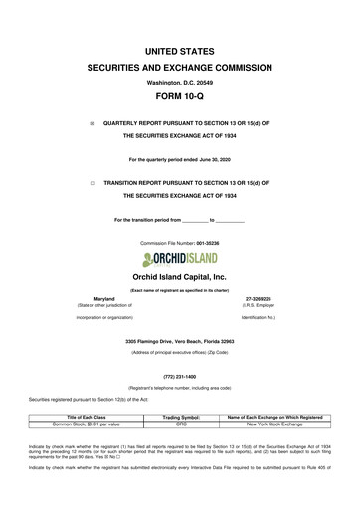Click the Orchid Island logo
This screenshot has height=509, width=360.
(x=179, y=231)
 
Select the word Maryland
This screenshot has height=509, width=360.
(x=104, y=269)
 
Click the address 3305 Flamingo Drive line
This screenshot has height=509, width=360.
(x=179, y=314)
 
